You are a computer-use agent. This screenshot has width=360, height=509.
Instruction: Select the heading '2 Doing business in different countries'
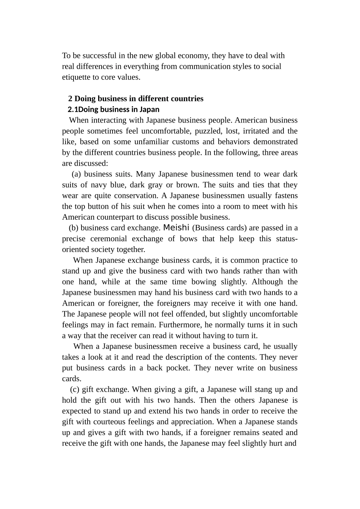click(136, 99)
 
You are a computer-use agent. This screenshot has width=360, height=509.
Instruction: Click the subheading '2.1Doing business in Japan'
click(113, 110)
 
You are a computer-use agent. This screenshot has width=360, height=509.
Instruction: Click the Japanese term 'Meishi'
click(176, 228)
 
